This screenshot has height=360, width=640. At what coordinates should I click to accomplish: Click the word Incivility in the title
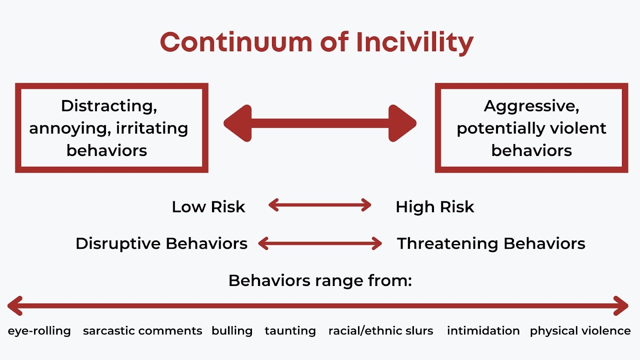[415, 42]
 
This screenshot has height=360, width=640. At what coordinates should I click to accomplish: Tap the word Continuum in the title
[236, 42]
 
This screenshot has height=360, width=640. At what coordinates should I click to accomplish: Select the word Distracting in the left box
[109, 106]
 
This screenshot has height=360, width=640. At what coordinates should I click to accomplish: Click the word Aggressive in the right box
[532, 107]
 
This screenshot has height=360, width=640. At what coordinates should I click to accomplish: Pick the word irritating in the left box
[152, 128]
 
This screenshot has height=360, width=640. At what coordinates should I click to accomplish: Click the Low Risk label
[208, 206]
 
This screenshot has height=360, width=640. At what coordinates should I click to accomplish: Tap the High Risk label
[435, 206]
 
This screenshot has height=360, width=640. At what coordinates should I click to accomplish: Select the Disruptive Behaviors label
[162, 244]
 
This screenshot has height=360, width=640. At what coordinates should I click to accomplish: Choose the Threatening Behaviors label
[491, 244]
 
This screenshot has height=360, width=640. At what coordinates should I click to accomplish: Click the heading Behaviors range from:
[320, 280]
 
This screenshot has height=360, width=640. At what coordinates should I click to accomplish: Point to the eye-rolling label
[39, 331]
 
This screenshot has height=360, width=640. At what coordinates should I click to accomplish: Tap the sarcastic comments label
[142, 331]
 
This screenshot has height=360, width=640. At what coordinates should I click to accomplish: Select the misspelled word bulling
[232, 331]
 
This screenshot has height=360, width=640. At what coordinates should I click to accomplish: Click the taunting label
[290, 331]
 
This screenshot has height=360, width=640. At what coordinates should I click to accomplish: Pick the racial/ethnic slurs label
[381, 331]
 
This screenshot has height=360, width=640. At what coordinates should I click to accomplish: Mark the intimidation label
[484, 331]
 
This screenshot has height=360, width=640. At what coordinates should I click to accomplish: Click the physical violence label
[580, 331]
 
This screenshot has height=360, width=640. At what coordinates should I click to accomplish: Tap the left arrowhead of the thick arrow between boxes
[238, 124]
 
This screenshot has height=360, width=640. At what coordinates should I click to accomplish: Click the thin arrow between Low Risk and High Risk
[320, 205]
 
